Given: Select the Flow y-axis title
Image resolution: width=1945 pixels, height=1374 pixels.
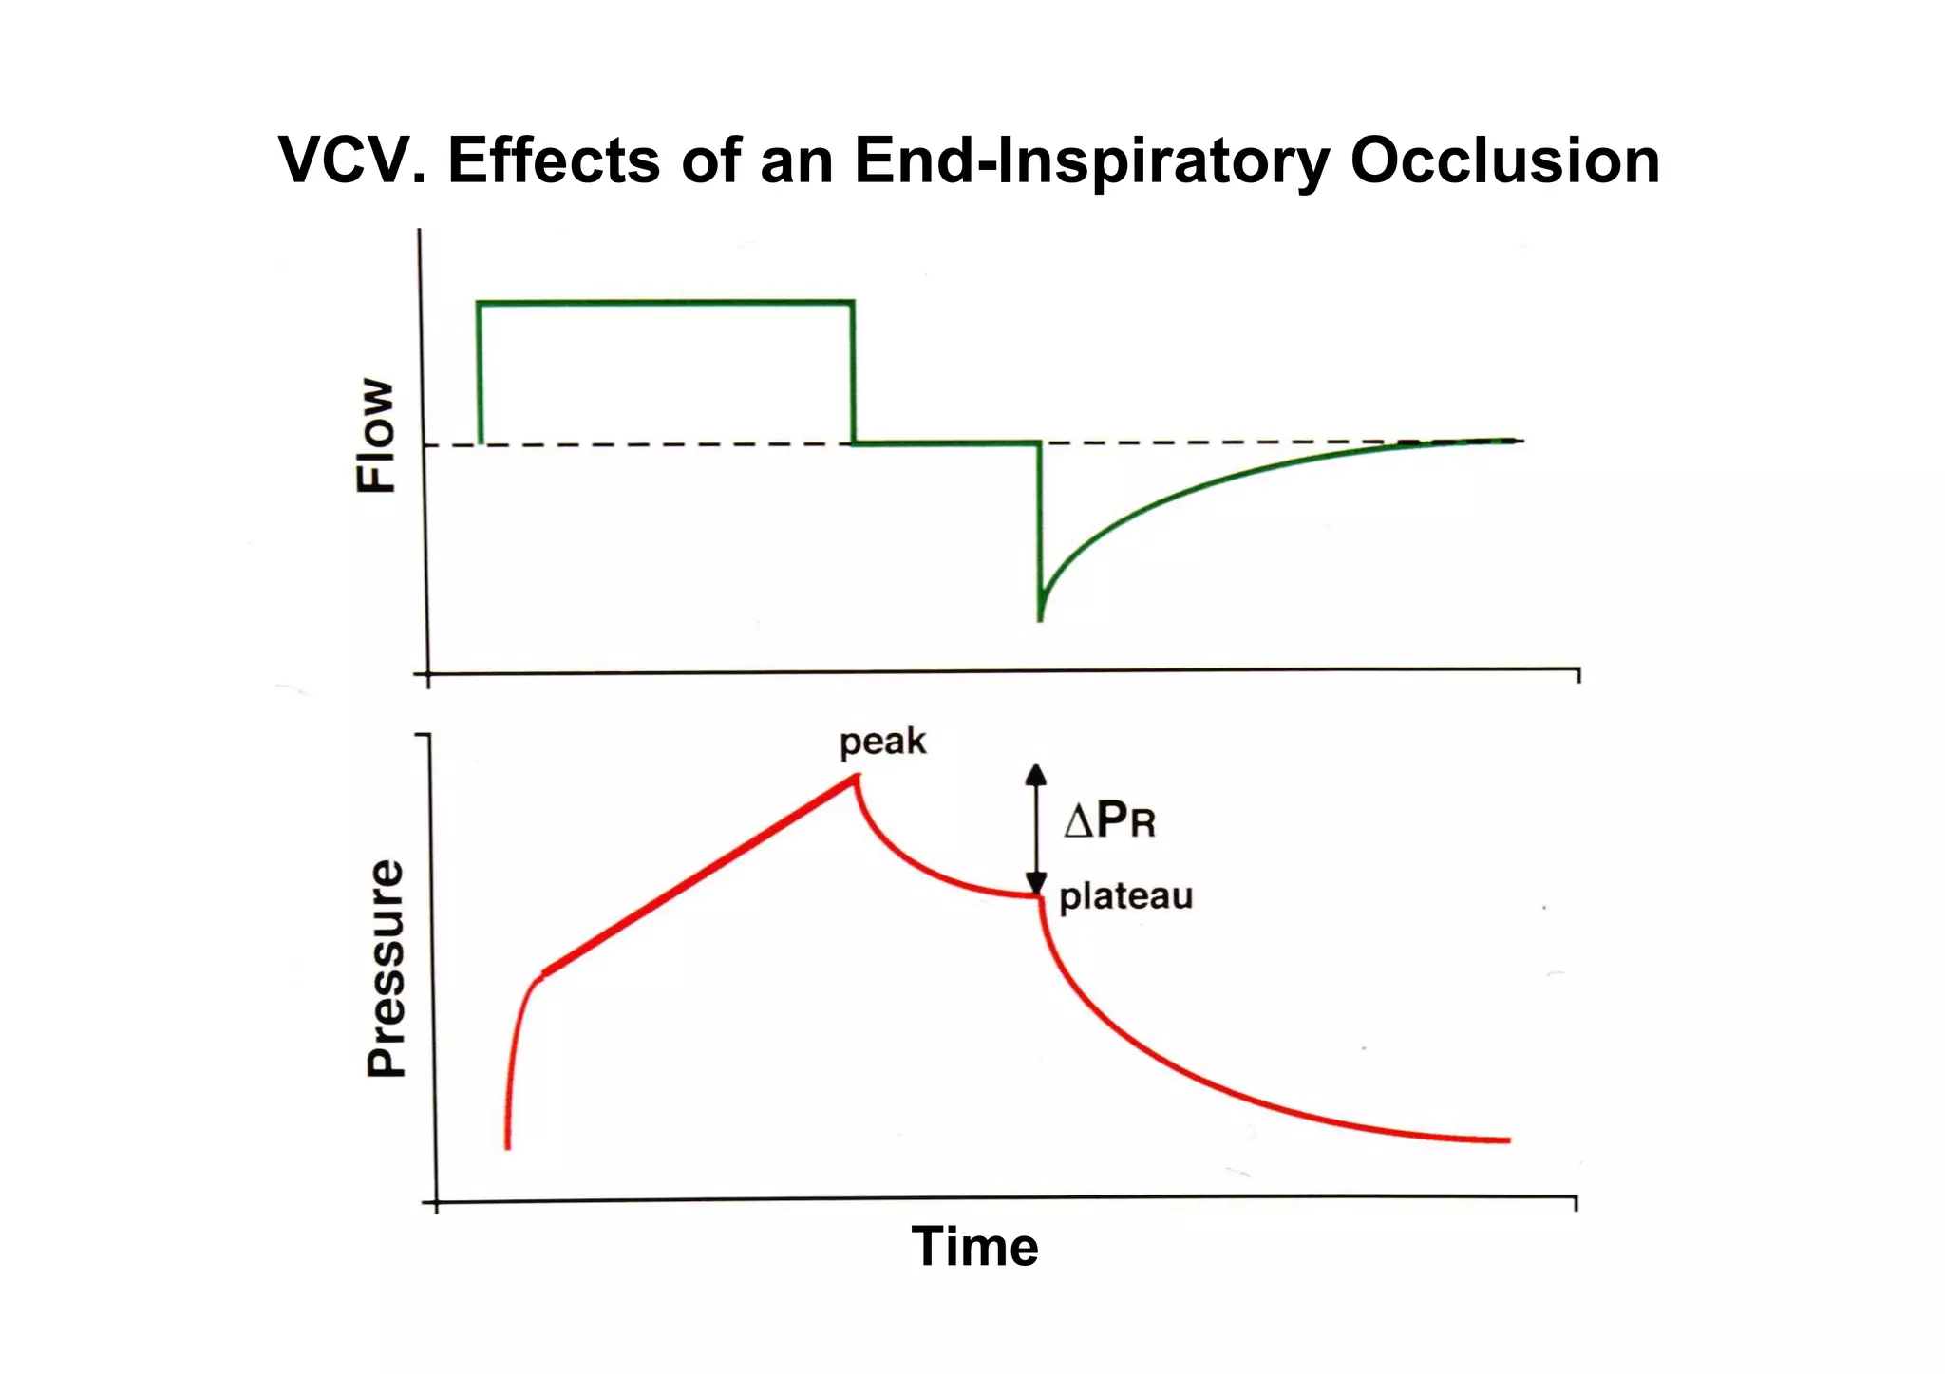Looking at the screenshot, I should (376, 436).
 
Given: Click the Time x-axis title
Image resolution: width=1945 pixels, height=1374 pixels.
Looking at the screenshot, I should (974, 1246).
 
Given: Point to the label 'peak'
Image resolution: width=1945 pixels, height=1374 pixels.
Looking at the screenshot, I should (881, 742).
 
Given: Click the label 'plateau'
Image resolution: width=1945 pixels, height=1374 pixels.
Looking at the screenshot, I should (1125, 895).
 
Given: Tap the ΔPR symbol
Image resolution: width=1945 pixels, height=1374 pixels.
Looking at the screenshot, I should (1109, 819).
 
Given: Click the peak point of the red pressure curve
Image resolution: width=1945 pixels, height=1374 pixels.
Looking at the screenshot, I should (856, 777).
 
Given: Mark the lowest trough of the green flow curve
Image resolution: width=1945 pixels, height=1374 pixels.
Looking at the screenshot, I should (1040, 618).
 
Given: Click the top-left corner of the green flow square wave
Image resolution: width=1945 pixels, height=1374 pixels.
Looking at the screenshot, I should (479, 304).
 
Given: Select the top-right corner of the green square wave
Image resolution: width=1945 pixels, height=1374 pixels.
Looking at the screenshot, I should (852, 303).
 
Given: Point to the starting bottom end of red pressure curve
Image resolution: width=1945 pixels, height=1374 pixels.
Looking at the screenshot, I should (507, 1146).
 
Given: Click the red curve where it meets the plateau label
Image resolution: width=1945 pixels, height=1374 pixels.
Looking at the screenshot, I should (1040, 897).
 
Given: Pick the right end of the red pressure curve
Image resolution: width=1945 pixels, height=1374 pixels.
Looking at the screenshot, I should (1507, 1139).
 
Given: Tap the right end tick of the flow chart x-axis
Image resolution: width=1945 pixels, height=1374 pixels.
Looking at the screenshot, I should (1578, 675).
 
